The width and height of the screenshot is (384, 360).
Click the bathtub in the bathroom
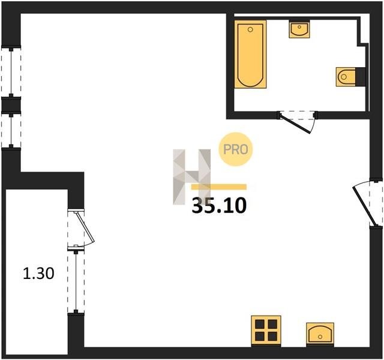coord(250,54)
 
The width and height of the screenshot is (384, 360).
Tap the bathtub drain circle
coord(250,29)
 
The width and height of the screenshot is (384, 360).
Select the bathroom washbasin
coord(299,29)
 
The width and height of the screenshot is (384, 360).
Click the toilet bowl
coord(346,77)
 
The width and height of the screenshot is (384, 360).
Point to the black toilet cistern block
coord(360,77)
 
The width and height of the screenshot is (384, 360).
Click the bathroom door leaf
coord(296,124)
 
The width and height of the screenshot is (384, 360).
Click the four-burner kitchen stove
coord(266,331)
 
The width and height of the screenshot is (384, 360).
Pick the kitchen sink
coord(320,334)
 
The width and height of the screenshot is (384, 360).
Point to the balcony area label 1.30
coord(38,274)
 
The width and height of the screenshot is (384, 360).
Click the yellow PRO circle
coord(235,149)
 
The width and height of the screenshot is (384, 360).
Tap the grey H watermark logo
coord(192,177)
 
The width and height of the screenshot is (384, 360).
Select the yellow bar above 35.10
coord(218,187)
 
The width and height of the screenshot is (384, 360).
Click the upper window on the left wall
coord(11,71)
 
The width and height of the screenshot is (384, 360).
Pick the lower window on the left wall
coord(11,130)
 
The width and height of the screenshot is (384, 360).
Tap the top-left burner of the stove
coord(260,325)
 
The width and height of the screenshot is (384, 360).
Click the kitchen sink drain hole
coord(320,337)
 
